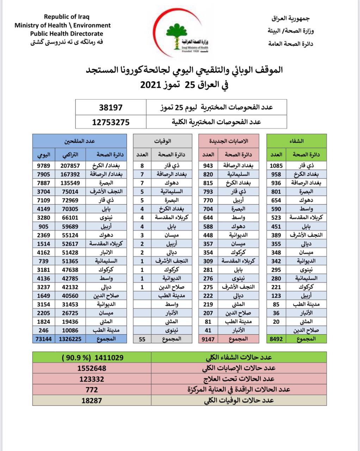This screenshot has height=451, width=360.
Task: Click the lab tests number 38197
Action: [x=111, y=107]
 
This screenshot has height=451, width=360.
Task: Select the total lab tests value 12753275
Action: [x=111, y=122]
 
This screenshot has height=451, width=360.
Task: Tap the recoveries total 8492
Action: [x=276, y=339]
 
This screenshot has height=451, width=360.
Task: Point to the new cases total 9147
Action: [x=208, y=339]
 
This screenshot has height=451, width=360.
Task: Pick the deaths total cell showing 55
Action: [x=142, y=339]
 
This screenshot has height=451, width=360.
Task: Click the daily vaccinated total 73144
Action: [x=43, y=339]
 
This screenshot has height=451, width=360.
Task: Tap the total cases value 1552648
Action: [x=92, y=368]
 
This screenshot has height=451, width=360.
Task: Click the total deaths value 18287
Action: [x=92, y=401]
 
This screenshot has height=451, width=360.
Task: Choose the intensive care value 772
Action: [x=92, y=390]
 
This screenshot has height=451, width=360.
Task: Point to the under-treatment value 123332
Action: [x=92, y=379]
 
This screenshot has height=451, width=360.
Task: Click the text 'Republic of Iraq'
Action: [x=67, y=17]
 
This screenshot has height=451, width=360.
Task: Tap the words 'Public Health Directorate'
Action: [x=67, y=34]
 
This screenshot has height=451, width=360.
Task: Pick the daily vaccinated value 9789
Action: [x=43, y=166]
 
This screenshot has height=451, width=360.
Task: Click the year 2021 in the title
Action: [x=150, y=85]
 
